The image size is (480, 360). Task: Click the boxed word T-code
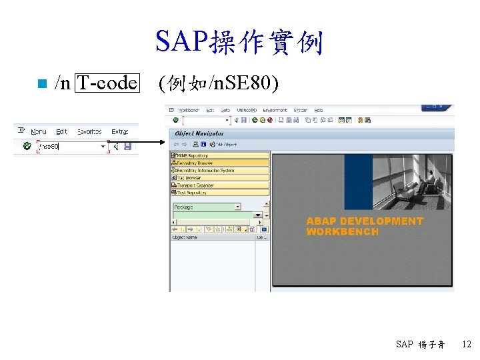point(107,83)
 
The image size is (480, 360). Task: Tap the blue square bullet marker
point(41,84)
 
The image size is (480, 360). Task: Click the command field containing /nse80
point(70,146)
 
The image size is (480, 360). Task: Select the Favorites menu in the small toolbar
point(89,132)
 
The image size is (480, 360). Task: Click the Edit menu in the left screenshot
point(61,132)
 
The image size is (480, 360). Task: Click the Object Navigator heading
point(199,133)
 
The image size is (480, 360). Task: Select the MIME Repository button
point(193,155)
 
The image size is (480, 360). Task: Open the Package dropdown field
point(207,207)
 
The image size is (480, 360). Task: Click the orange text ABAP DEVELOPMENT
point(364,221)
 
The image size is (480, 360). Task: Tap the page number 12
point(467,345)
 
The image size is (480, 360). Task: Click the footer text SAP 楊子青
point(420,345)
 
